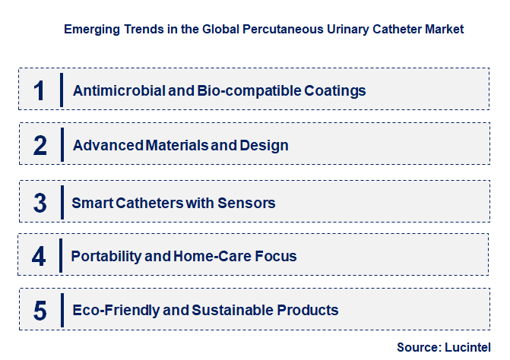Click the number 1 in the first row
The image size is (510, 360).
pyautogui.click(x=40, y=90)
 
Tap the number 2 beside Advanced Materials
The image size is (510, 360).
pyautogui.click(x=40, y=145)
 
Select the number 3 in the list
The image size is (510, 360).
pyautogui.click(x=40, y=203)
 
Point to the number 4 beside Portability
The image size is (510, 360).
pyautogui.click(x=40, y=256)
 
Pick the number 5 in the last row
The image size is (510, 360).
pyautogui.click(x=40, y=310)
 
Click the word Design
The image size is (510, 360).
pyautogui.click(x=265, y=145)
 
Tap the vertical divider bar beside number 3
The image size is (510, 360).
pyautogui.click(x=62, y=203)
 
